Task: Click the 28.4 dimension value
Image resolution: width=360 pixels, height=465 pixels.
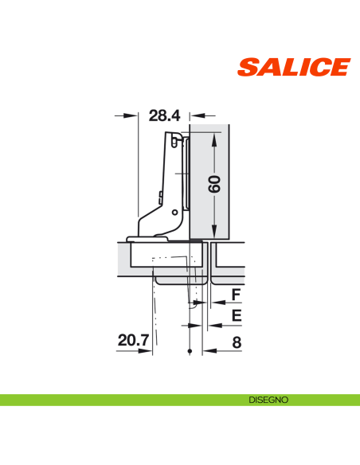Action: click(x=164, y=116)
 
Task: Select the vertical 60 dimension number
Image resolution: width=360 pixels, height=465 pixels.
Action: click(x=214, y=185)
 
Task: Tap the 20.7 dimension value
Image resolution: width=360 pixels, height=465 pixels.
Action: click(x=133, y=341)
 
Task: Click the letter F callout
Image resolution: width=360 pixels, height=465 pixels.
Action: click(x=236, y=296)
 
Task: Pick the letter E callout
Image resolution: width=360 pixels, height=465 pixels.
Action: click(x=236, y=316)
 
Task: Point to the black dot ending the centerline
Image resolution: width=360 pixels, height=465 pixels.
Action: click(x=190, y=352)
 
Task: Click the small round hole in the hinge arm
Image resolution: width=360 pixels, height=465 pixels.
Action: click(x=174, y=213)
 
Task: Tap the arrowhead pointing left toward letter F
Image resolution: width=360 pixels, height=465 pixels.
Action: click(x=209, y=303)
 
